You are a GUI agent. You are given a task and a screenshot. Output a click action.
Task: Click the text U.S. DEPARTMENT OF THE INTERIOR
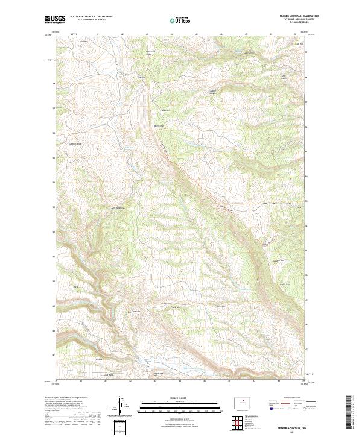click(x=91, y=17)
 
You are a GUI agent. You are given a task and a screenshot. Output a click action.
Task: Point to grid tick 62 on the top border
click(x=122, y=34)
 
